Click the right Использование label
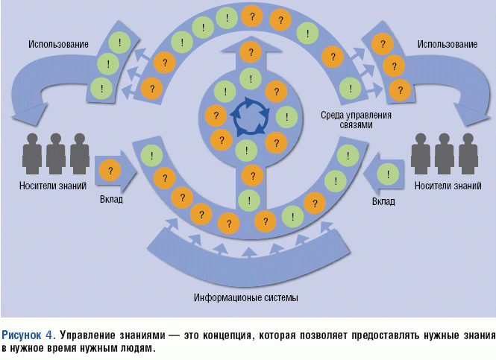tap(448, 45)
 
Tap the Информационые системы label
tap(245, 298)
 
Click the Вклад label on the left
tap(111, 200)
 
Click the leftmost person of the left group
tap(32, 153)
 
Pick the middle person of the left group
tap(55, 153)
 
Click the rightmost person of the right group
tap(468, 153)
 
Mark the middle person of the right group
tap(445, 153)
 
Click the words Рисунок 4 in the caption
tap(28, 334)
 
